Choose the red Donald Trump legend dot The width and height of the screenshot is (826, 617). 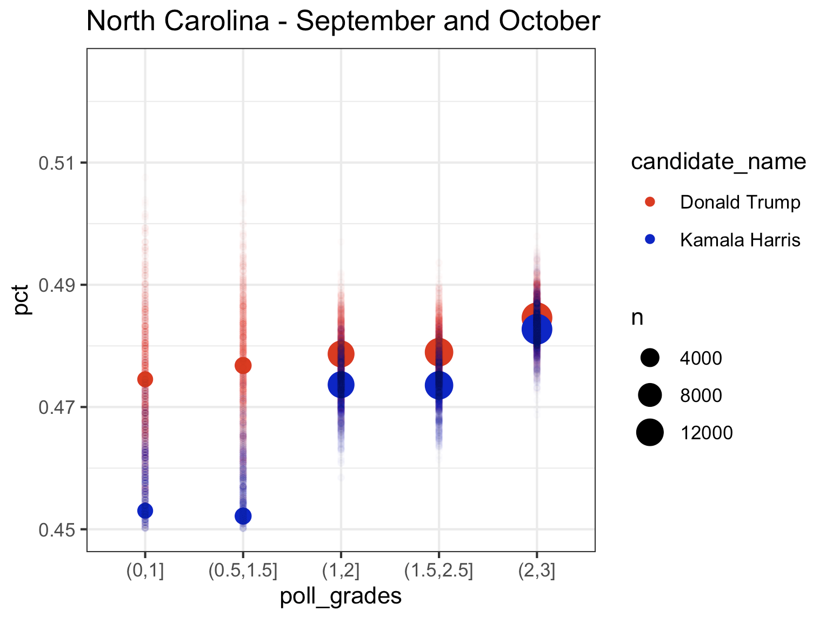(x=650, y=202)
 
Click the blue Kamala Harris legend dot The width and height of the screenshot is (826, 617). (x=650, y=239)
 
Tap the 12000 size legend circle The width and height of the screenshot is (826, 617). (x=650, y=432)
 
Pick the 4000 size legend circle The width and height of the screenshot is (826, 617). (x=650, y=358)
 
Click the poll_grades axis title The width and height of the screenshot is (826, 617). (x=341, y=596)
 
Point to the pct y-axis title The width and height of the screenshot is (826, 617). (x=22, y=300)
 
